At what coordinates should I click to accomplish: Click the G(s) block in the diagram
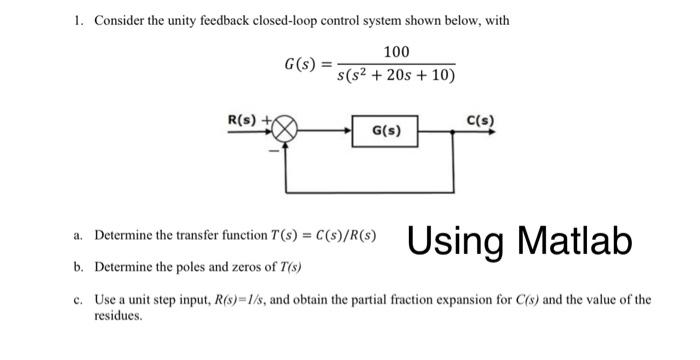pos(384,131)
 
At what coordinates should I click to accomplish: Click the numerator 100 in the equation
pos(395,51)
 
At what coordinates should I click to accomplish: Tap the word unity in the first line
pos(178,20)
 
